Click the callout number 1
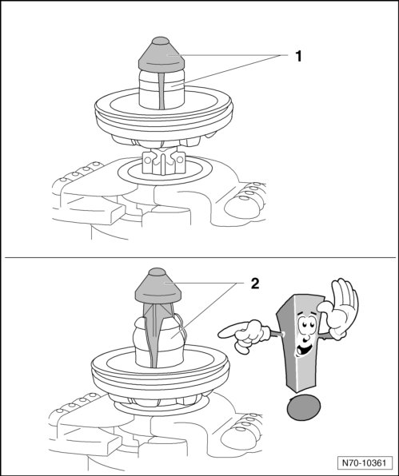click(299, 57)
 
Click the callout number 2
click(255, 284)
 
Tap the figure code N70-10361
click(364, 462)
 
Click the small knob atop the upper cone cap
click(161, 41)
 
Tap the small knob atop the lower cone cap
click(157, 272)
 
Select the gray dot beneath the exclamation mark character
click(304, 407)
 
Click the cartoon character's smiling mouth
click(304, 348)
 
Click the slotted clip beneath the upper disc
click(163, 162)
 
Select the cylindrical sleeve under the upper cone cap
click(162, 89)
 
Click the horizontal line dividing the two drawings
click(199, 258)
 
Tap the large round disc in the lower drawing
click(160, 373)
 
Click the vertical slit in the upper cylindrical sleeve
click(162, 90)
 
